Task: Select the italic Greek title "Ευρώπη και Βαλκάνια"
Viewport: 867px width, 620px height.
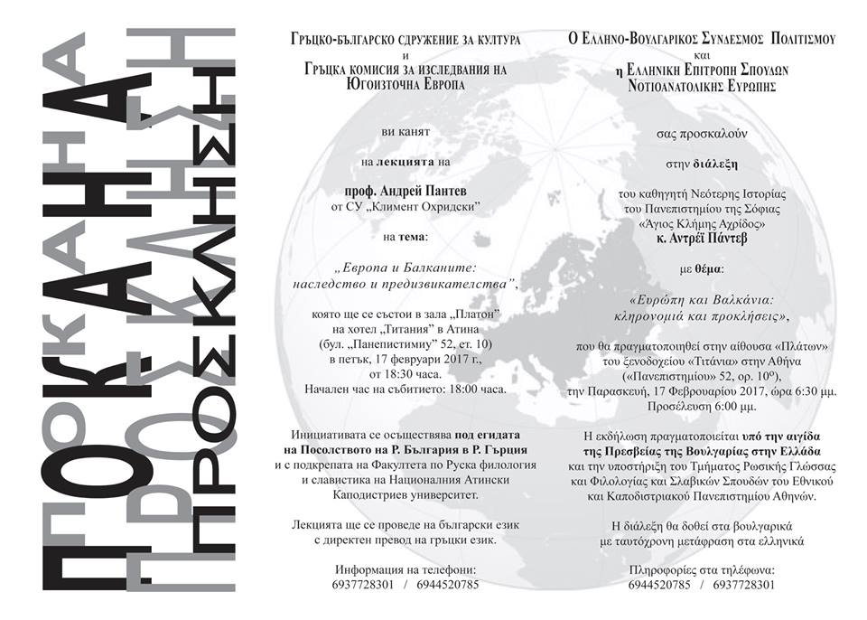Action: (689, 299)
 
